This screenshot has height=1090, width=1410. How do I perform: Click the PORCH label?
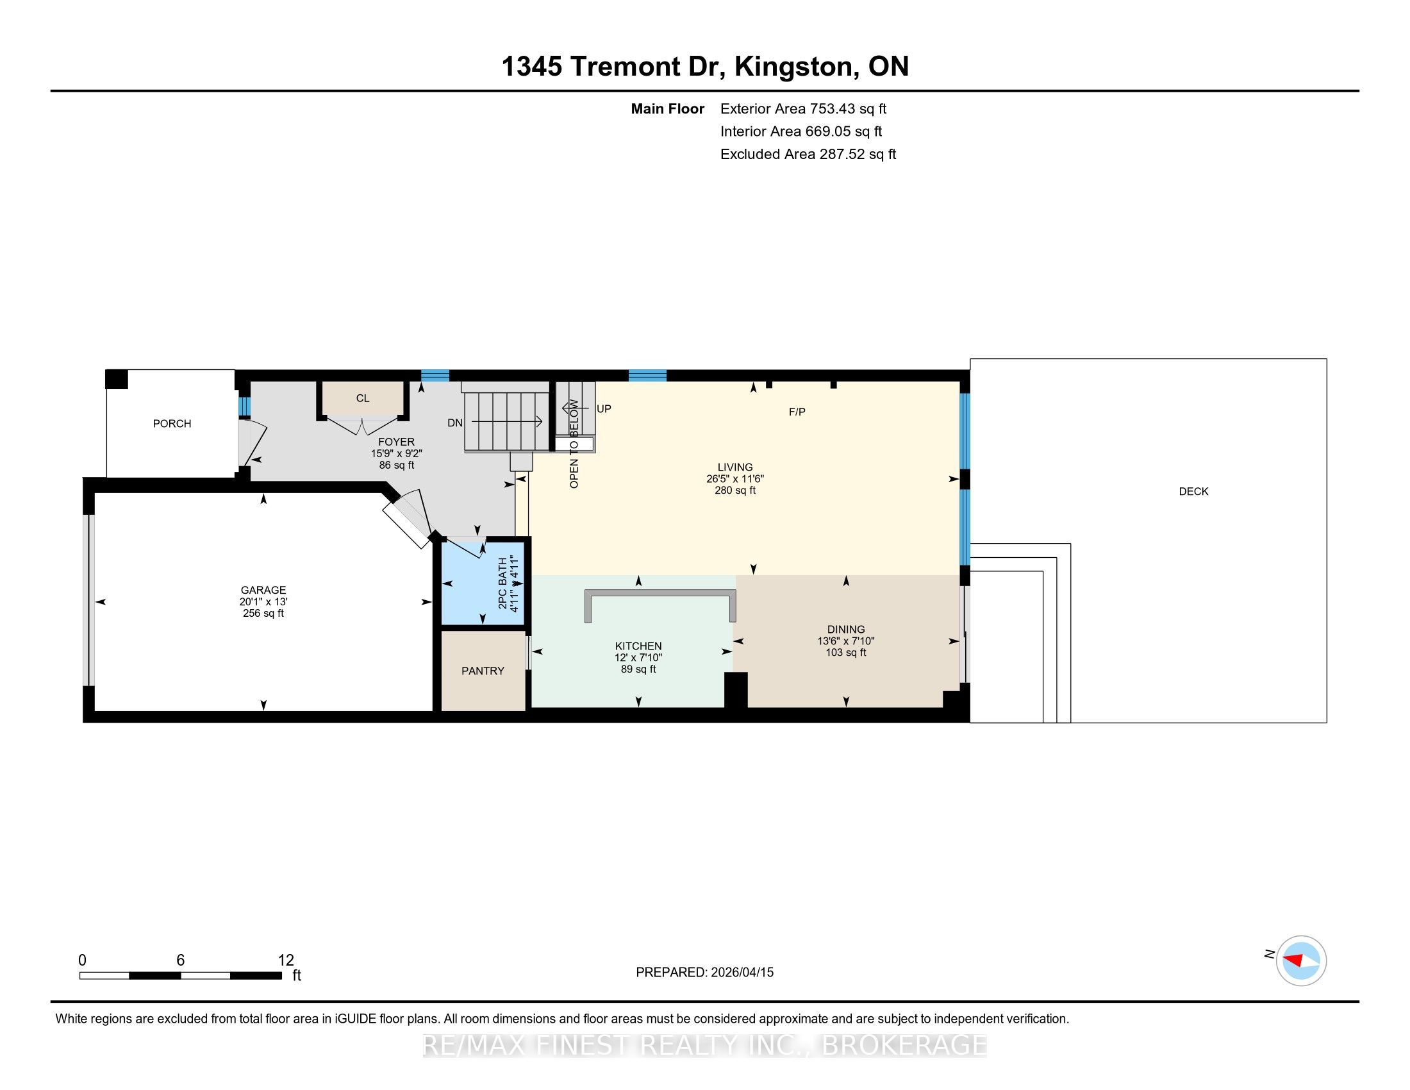(172, 424)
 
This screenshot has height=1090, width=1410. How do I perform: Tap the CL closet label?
(363, 398)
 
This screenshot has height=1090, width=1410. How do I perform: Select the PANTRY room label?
(483, 671)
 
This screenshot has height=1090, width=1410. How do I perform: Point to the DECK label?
(1194, 491)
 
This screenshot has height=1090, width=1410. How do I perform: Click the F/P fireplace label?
(797, 412)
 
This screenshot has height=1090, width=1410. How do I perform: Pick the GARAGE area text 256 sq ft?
(263, 614)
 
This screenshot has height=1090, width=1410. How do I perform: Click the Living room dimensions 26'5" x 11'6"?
(735, 479)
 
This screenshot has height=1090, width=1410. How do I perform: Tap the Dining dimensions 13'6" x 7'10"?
(846, 641)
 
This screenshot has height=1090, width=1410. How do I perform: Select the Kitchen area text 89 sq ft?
(638, 669)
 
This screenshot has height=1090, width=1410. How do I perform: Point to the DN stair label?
(455, 423)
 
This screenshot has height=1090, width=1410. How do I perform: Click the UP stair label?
(604, 409)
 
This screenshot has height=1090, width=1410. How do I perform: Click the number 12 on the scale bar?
(286, 960)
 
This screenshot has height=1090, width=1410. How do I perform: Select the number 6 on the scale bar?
(181, 960)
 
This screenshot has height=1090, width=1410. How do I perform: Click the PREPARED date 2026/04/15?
(742, 973)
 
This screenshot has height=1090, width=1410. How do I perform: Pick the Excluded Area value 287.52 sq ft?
(858, 155)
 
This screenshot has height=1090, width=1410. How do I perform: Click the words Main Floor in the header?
(668, 109)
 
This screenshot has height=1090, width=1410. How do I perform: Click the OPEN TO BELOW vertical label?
(574, 444)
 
